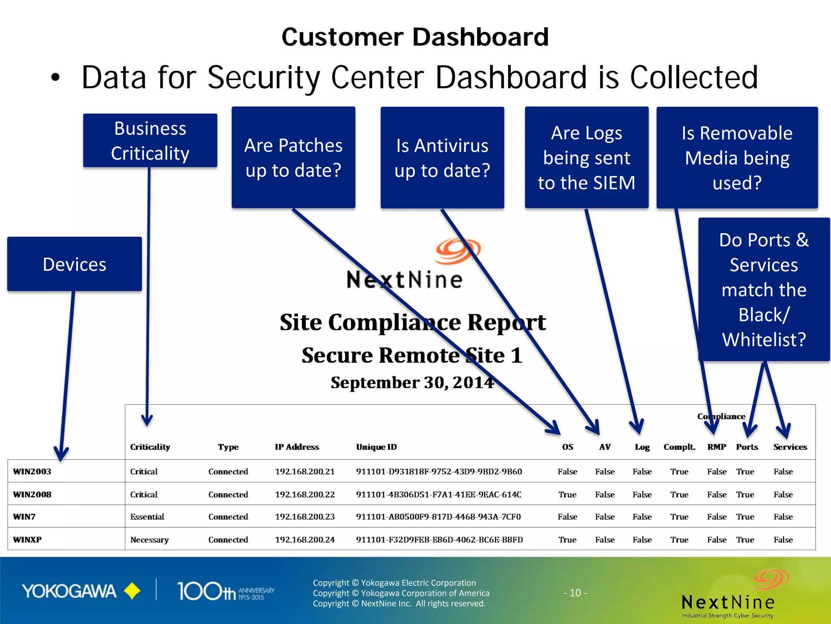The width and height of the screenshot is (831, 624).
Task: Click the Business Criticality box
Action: (150, 140)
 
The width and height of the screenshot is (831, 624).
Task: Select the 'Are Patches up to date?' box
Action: (293, 158)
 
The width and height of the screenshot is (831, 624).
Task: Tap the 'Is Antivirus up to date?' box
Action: (442, 158)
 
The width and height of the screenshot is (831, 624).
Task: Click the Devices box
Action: (75, 264)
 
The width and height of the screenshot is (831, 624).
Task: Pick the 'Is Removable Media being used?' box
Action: (737, 158)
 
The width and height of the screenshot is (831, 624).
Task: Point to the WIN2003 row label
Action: (32, 472)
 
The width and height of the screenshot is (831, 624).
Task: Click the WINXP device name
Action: (27, 540)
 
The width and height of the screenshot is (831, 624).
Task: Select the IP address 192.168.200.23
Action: (305, 517)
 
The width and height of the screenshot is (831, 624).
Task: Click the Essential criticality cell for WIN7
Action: (147, 517)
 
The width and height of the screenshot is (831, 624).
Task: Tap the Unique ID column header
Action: (376, 447)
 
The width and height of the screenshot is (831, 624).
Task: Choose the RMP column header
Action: (717, 447)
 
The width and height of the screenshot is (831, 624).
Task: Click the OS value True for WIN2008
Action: (567, 494)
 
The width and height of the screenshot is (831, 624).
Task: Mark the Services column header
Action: (790, 447)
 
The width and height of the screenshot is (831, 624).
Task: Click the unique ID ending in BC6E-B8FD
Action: (439, 540)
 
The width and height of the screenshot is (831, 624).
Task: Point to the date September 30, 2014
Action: (412, 383)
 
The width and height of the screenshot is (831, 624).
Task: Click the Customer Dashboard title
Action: (415, 37)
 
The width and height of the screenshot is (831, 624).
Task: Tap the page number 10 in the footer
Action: (575, 593)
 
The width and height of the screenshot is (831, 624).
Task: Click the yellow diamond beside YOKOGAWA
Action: (132, 591)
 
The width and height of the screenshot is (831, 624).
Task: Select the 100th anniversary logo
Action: (226, 591)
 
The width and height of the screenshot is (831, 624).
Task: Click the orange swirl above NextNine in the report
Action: (458, 251)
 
